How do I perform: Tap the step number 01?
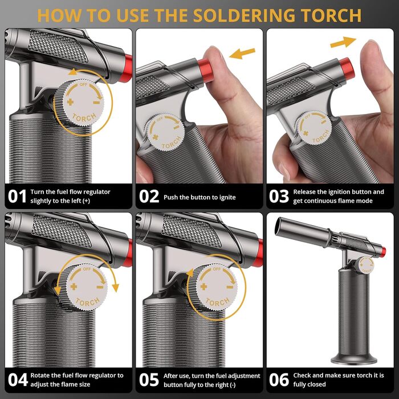click(x=17, y=197)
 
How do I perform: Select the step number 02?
click(x=149, y=197)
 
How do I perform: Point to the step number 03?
click(x=279, y=197)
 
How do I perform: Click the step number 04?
click(x=18, y=380)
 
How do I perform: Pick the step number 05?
click(x=149, y=380)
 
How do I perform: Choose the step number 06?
click(x=279, y=380)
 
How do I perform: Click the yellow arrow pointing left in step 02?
click(x=242, y=53)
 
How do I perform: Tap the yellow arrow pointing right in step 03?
click(x=343, y=42)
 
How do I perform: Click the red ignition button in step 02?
click(x=206, y=70)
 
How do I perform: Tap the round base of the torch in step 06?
click(x=354, y=359)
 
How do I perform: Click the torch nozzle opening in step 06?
click(x=279, y=226)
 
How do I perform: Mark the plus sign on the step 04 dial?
click(x=74, y=287)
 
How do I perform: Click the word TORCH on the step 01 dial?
click(x=84, y=117)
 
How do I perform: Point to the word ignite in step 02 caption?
click(x=226, y=197)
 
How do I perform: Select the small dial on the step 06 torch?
click(x=366, y=266)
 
